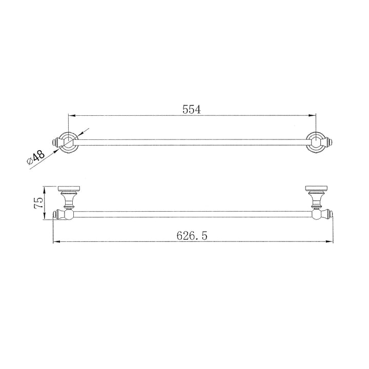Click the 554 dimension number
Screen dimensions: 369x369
[x=190, y=109]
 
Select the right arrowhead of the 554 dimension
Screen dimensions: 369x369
[x=312, y=115]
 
